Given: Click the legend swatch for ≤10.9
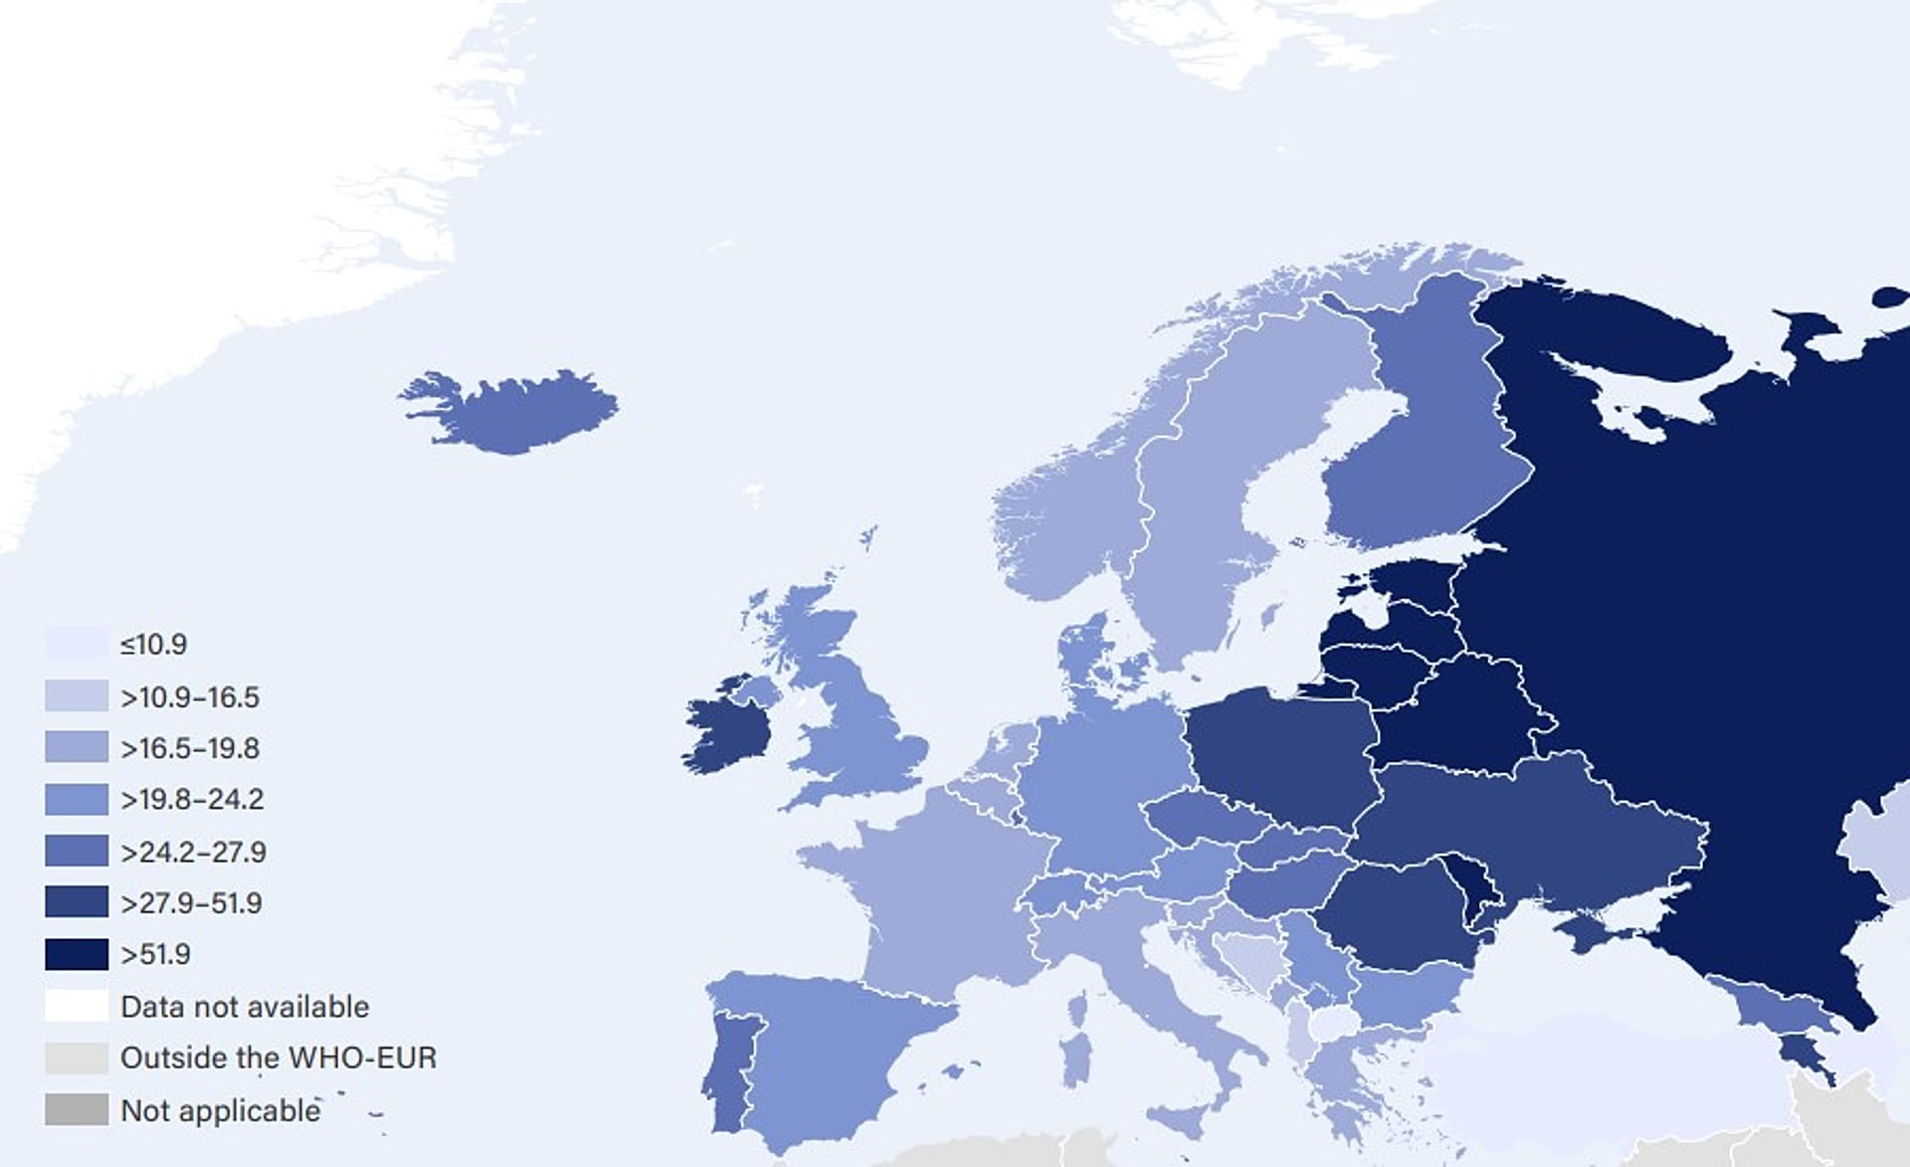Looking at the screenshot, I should [x=76, y=644].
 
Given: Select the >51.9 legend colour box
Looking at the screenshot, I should [x=76, y=954].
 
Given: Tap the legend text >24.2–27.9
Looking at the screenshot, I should [x=193, y=852].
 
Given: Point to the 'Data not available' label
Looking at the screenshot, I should [x=245, y=1006].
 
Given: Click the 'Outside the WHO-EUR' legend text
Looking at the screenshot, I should [x=279, y=1058].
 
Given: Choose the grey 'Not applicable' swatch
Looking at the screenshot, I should [x=76, y=1109].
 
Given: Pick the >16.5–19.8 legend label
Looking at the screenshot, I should [x=190, y=748].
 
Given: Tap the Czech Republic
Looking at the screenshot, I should [x=1204, y=816].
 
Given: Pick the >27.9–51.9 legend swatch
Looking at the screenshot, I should [x=76, y=902].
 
